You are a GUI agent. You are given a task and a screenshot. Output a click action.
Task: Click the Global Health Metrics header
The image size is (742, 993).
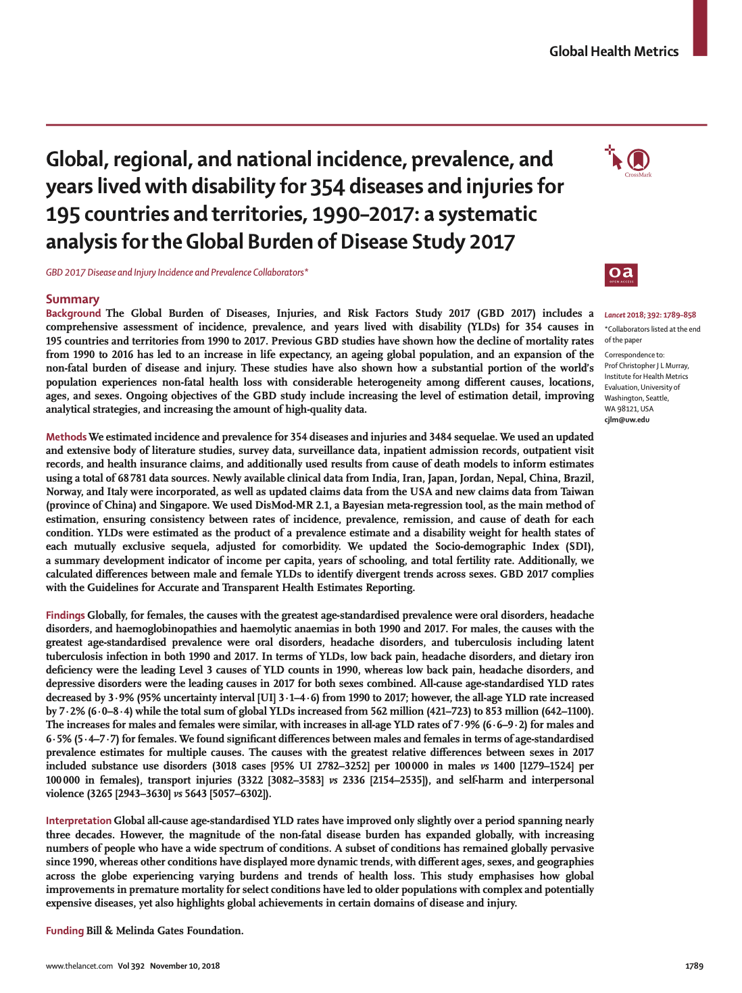(614, 51)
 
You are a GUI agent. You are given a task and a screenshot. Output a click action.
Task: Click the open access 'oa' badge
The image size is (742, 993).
(621, 275)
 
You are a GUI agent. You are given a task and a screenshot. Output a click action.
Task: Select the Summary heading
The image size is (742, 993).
(72, 299)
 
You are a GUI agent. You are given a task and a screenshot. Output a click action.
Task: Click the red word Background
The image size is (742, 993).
(73, 313)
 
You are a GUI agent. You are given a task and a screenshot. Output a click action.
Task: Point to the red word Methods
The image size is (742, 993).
(66, 437)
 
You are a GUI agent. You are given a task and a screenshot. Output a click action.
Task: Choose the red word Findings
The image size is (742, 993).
(66, 615)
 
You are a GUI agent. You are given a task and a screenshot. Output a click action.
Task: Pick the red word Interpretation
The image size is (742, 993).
(78, 821)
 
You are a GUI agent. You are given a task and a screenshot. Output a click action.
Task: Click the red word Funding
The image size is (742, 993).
(65, 931)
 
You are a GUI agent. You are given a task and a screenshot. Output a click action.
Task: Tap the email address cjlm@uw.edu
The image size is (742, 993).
(626, 420)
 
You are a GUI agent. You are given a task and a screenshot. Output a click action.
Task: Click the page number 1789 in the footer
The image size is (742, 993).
(694, 966)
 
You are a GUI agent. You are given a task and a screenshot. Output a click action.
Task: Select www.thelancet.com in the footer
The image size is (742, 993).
(79, 966)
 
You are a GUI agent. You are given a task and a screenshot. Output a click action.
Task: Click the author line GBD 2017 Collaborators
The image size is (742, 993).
(177, 273)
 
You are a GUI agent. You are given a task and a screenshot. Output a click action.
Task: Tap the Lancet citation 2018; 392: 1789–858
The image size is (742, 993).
(650, 315)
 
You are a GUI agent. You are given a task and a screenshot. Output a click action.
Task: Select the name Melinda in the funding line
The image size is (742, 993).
(141, 931)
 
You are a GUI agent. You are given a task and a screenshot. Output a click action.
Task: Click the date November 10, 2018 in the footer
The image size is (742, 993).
(184, 966)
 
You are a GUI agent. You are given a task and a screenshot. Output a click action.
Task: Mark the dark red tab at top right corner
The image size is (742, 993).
(699, 27)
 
